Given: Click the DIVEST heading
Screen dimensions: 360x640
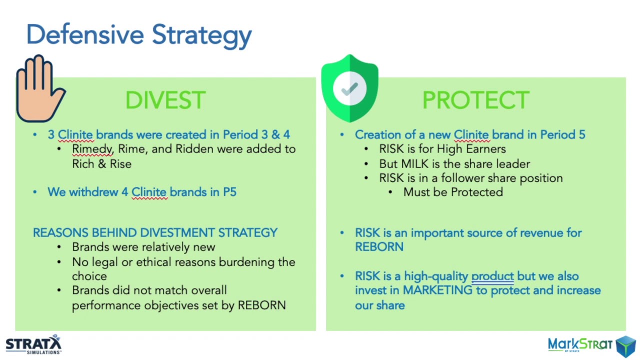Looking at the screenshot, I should click(165, 100).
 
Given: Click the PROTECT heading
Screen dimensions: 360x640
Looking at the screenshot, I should click(475, 100).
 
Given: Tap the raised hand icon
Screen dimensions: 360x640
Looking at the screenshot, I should click(39, 89).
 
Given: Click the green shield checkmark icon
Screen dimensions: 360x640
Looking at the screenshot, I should click(349, 88).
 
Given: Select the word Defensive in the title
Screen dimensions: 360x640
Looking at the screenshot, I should click(85, 34).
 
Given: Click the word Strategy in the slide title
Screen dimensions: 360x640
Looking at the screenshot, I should click(201, 35).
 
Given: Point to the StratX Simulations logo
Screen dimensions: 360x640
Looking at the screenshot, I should click(33, 344).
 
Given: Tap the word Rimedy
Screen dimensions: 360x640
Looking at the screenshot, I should click(92, 149).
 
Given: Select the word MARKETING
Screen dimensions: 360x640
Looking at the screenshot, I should click(437, 290).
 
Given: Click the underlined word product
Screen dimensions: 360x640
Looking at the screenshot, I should click(492, 276).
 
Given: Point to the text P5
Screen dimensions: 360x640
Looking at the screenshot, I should click(229, 192).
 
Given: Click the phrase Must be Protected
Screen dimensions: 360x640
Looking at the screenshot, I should click(453, 192).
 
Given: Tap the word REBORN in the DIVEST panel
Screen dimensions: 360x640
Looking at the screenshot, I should click(261, 305).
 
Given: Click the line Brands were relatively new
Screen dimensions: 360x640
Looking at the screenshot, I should click(143, 247).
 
